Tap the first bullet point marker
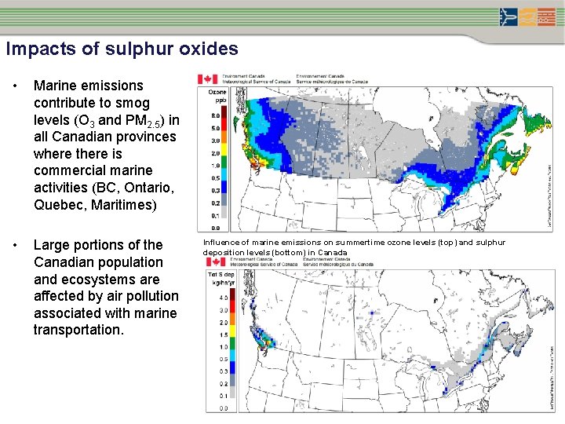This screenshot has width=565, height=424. (14, 86)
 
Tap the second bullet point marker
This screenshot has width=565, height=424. (14, 245)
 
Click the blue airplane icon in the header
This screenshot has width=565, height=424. (508, 16)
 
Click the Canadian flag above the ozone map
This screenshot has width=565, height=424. (208, 79)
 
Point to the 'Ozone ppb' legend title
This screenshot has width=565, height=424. (218, 96)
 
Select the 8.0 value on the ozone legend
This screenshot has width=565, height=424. (214, 115)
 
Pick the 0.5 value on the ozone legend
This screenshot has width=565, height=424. (214, 177)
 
